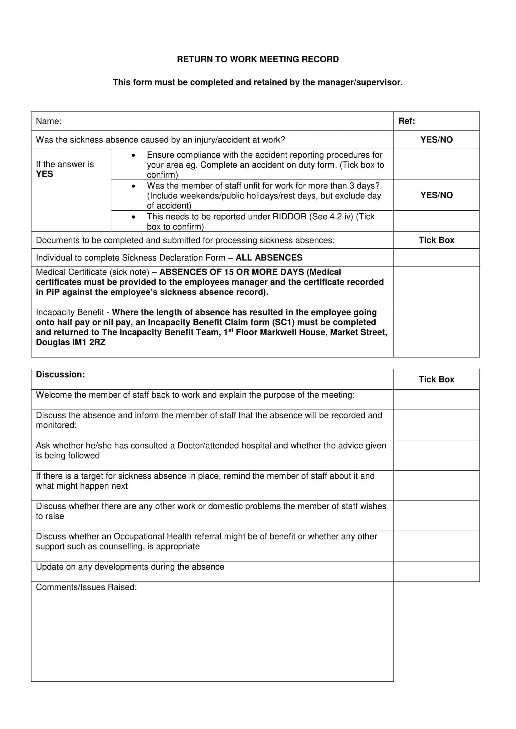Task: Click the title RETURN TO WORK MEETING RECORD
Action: (258, 60)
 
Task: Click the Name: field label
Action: (49, 121)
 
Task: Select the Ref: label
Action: (406, 121)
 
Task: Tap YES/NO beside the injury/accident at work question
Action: (436, 140)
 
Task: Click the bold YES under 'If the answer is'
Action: (45, 174)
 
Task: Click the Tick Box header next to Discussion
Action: (436, 379)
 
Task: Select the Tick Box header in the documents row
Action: (436, 240)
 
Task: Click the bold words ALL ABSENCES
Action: (269, 257)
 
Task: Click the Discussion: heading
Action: (61, 374)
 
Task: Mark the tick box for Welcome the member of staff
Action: (436, 400)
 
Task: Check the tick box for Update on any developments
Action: (436, 571)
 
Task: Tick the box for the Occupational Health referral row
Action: (436, 546)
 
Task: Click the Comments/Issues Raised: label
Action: (86, 587)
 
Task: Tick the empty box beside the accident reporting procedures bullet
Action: (436, 164)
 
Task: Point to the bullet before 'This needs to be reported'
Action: (133, 217)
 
